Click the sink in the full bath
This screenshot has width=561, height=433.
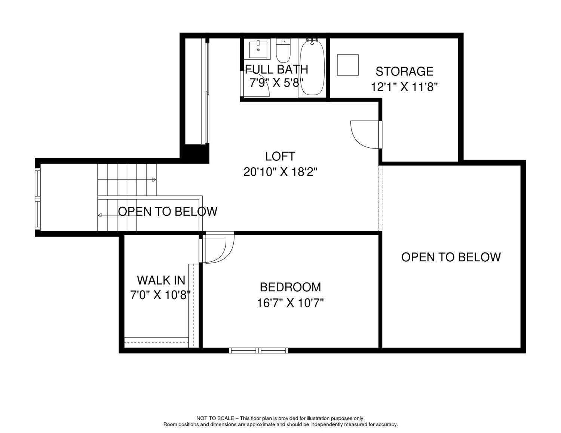pos(258,49)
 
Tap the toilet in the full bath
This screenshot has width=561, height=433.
pos(283,50)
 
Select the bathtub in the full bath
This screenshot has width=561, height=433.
pos(312,67)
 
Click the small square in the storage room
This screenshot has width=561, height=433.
pos(347,65)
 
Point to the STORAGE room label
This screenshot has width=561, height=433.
pos(404,71)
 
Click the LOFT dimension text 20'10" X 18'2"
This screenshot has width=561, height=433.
pos(280,172)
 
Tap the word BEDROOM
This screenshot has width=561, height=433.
pos(290,287)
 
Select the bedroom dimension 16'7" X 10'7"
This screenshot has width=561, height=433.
pos(290,303)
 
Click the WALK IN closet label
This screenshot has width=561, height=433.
pos(161,280)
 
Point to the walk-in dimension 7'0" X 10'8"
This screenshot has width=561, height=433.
pos(160,295)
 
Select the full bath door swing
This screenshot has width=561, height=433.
pos(255,84)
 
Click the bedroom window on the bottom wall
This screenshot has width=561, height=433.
pos(258,350)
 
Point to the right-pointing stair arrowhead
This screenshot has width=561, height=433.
pos(154,179)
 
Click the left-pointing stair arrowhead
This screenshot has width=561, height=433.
pos(99,215)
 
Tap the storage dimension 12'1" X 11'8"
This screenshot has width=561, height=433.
pos(404,87)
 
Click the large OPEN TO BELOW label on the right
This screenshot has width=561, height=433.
pos(451,257)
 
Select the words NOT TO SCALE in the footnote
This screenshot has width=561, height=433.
pos(215,418)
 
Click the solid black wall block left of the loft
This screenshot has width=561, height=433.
pos(194,154)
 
